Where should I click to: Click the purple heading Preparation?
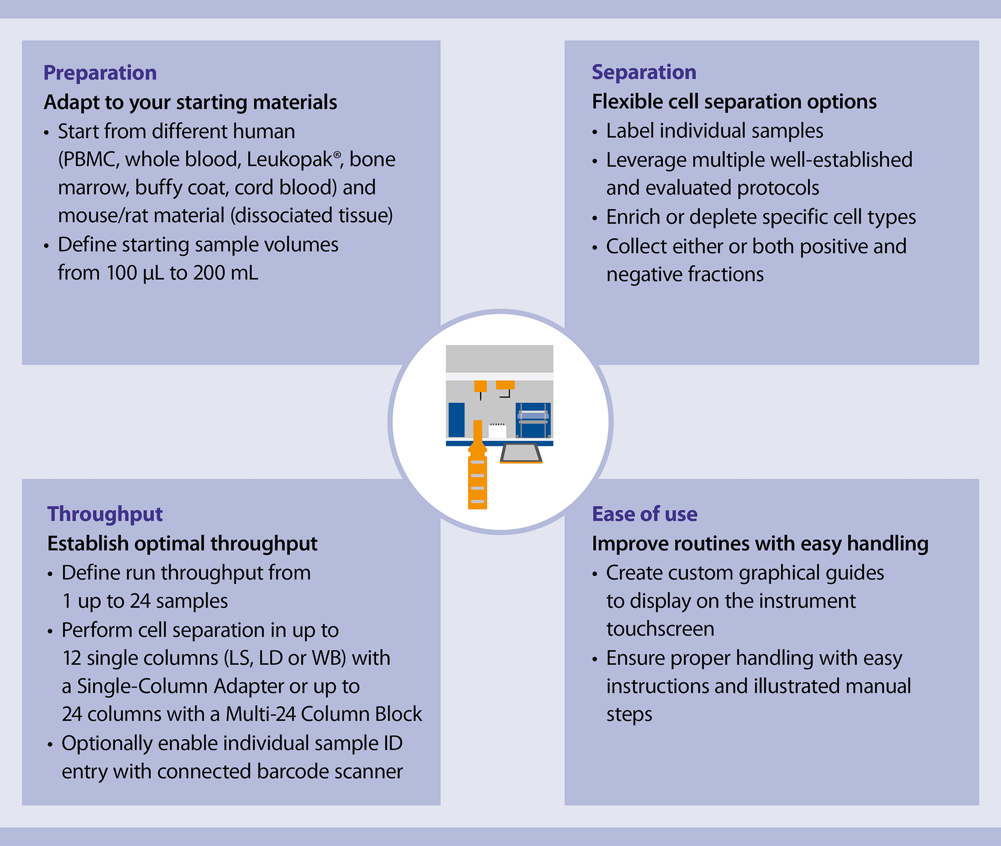click(100, 73)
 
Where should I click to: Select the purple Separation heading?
click(644, 72)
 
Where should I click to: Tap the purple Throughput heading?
click(105, 514)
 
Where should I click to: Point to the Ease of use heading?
click(644, 514)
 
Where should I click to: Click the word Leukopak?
click(289, 160)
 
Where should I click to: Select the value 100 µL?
click(135, 273)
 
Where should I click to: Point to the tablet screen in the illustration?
click(521, 453)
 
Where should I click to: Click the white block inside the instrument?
click(497, 432)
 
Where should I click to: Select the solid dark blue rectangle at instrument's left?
click(456, 419)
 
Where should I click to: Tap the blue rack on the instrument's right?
click(533, 420)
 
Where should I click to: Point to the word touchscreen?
click(660, 629)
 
